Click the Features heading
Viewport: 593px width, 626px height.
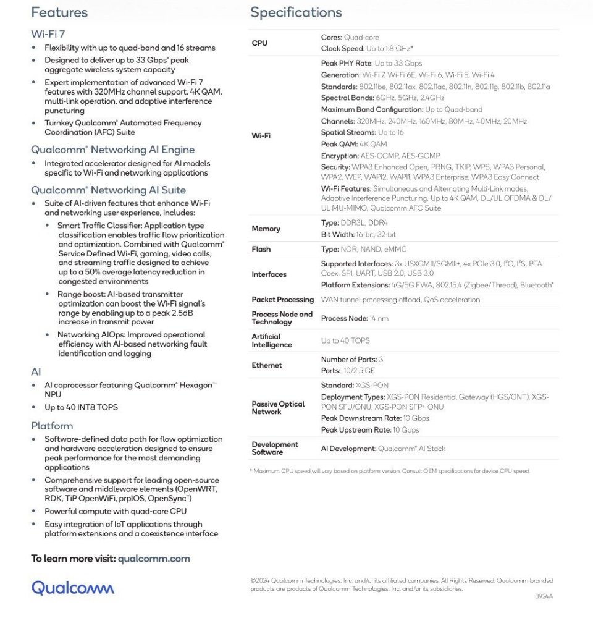(59, 12)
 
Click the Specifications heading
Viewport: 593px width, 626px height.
(296, 12)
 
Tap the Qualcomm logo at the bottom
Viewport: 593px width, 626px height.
(73, 587)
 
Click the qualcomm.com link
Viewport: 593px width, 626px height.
(154, 559)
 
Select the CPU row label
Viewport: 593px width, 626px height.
(259, 43)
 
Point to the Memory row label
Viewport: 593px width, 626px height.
(266, 229)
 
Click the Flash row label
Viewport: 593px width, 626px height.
(261, 249)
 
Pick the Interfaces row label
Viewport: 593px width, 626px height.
(269, 274)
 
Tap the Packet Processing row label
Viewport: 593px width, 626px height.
(282, 300)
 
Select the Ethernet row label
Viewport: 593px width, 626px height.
(266, 365)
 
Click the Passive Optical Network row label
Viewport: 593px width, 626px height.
(278, 408)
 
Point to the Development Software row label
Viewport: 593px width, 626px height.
(275, 449)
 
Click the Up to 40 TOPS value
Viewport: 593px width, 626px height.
(345, 340)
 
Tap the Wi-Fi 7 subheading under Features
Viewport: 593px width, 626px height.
(44, 33)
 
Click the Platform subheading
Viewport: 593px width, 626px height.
(52, 426)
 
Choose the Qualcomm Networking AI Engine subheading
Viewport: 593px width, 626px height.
(112, 150)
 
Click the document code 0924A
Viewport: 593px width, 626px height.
(544, 596)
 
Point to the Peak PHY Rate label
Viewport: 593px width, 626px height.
(347, 63)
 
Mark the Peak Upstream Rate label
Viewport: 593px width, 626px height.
(356, 429)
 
